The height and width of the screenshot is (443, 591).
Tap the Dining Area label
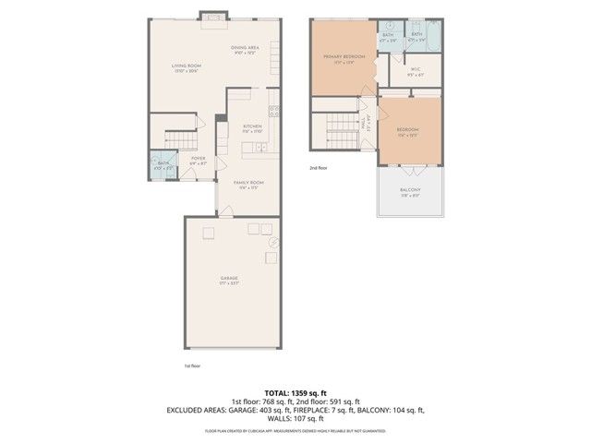tap(244, 49)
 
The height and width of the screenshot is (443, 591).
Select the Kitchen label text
tap(252, 127)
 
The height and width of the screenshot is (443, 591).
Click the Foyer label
tap(199, 161)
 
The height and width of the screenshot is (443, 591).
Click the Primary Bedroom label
tap(344, 59)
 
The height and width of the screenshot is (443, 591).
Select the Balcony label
tap(410, 190)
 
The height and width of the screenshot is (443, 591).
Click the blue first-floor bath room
tap(163, 166)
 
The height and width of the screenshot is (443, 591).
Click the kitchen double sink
tap(262, 148)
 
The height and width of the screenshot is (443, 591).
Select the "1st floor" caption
tap(192, 365)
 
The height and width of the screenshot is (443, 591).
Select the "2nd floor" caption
tap(319, 168)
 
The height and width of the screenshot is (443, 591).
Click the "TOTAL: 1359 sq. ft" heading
tap(295, 392)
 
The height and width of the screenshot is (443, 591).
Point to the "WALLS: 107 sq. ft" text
tap(295, 417)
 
